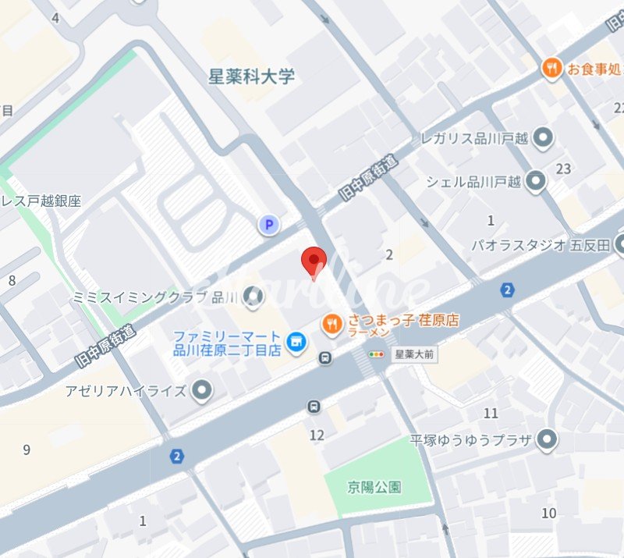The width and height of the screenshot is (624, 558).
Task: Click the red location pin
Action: point(314,260)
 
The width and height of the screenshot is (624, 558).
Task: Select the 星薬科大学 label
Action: point(252,76)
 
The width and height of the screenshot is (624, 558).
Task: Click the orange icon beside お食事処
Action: point(552,68)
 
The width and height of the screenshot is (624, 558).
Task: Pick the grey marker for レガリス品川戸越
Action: point(543,139)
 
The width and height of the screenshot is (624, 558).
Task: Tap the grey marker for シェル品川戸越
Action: point(535,181)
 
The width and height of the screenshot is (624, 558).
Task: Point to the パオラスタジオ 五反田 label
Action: point(540,245)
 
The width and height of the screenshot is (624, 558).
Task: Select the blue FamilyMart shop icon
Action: point(296,341)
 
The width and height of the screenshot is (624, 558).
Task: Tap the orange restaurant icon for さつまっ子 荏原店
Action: point(332,323)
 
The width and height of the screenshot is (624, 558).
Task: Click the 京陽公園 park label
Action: point(374,488)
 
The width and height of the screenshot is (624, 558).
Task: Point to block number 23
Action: point(563,169)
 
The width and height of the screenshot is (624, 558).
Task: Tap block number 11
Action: point(491,413)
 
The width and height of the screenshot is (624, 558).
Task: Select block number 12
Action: point(317,435)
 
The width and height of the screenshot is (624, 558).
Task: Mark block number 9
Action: point(27,450)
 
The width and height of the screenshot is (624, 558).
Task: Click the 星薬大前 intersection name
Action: point(414,354)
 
